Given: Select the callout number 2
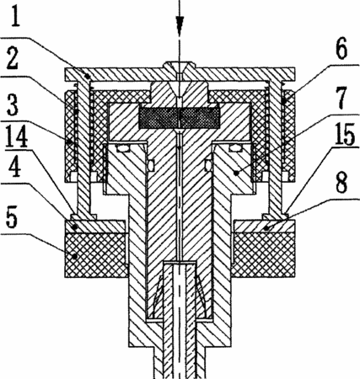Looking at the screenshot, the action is click(x=13, y=58).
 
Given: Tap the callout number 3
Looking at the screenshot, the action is click(x=13, y=104).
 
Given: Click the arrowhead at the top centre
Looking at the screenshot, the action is click(x=180, y=25).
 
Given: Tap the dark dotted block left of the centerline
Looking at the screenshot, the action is click(x=159, y=118).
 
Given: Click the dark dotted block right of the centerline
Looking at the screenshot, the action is click(x=200, y=118).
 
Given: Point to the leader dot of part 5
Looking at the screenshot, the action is click(x=74, y=256).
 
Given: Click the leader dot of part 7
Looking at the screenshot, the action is click(x=236, y=173).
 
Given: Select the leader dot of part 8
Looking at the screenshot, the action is click(x=266, y=228).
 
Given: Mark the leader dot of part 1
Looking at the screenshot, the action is click(x=88, y=76).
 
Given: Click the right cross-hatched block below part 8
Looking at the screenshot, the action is click(x=263, y=255).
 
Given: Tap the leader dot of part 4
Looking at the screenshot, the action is click(x=74, y=227).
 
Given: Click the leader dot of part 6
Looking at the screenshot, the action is click(x=287, y=100).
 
